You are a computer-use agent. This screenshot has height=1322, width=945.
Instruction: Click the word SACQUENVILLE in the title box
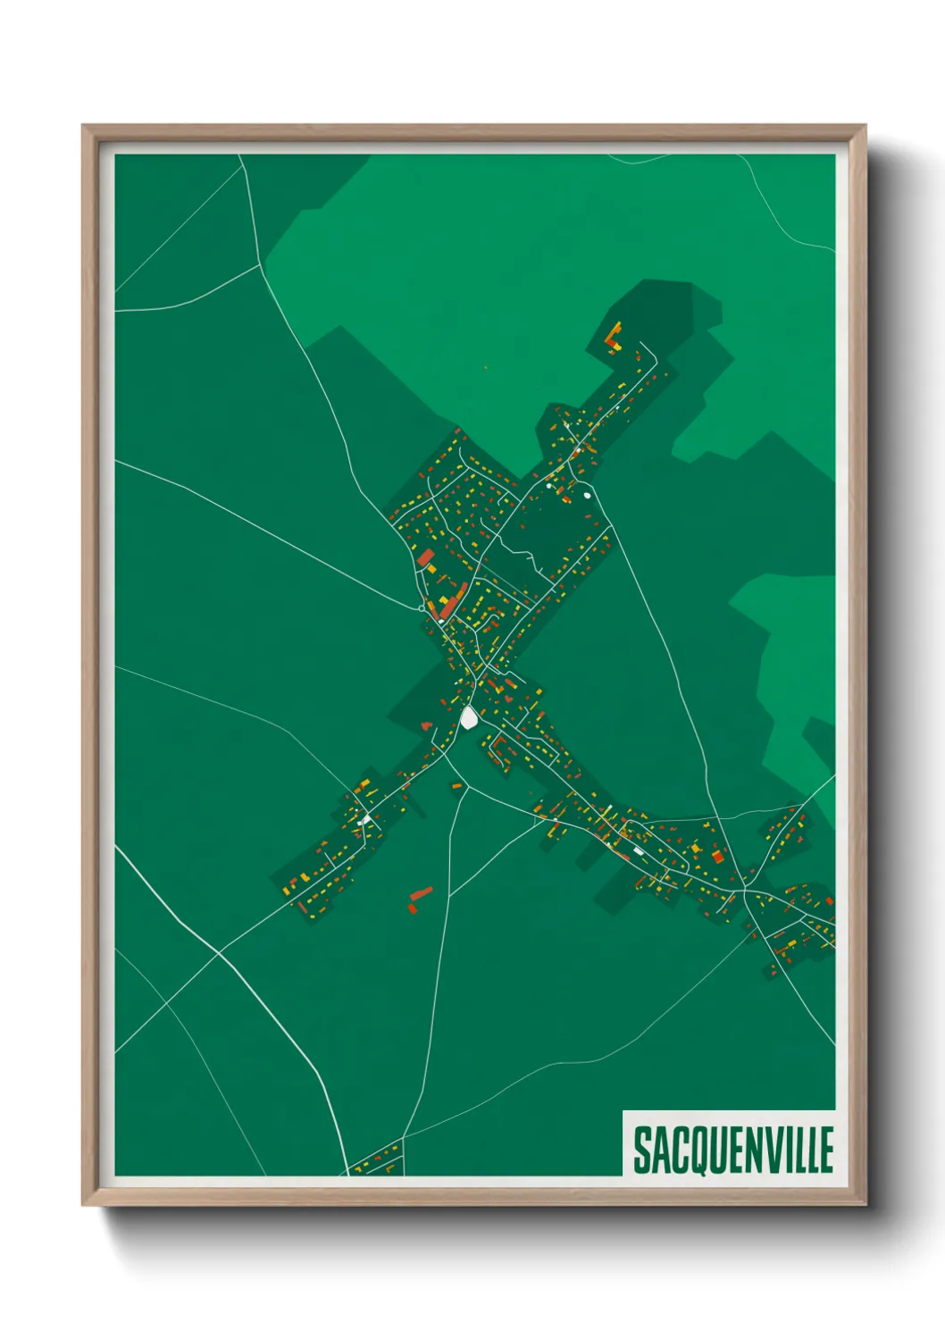pos(732,1150)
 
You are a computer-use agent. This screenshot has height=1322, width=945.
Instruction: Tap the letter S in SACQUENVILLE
pos(641,1150)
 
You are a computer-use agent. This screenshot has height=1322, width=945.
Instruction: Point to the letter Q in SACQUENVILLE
pos(699,1151)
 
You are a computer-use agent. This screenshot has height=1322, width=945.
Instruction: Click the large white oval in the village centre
pos(469,717)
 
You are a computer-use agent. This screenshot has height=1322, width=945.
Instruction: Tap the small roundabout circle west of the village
pos(421,607)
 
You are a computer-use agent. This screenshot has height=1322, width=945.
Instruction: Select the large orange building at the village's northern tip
pos(614,337)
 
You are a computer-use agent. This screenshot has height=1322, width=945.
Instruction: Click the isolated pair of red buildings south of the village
pos(418,898)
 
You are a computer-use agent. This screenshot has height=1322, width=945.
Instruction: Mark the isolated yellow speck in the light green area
pos(486,367)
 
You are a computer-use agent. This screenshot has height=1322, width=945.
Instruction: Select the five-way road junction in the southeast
pos(744,889)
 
